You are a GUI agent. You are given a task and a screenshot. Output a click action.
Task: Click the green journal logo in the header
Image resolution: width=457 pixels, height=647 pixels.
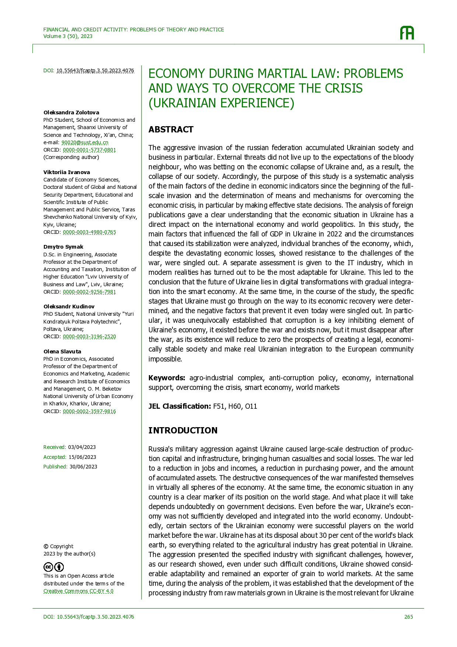[x=407, y=33]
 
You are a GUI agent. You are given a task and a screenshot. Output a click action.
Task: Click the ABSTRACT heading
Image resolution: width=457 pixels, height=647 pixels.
[x=171, y=129]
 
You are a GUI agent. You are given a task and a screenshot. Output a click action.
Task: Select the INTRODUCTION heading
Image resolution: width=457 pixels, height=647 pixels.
[x=183, y=430]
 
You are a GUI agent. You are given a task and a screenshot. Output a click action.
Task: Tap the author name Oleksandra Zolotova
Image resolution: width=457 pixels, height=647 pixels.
[x=71, y=113]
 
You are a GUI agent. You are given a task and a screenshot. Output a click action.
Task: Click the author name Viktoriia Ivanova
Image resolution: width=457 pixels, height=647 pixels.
[x=67, y=172]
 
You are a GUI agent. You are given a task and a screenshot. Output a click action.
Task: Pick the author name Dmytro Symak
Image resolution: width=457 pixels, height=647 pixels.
[x=63, y=247]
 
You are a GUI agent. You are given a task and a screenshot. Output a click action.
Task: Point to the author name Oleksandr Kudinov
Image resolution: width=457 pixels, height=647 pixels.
[x=69, y=307]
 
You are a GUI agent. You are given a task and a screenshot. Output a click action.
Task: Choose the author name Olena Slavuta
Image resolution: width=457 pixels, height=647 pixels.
[x=62, y=352]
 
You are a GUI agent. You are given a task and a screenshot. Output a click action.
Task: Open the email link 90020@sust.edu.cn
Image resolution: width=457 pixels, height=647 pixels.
[x=85, y=142]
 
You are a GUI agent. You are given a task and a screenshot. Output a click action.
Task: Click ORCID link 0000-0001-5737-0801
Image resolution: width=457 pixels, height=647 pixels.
[x=89, y=150]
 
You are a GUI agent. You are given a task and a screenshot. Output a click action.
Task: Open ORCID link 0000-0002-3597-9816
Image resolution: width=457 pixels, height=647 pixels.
[x=89, y=411]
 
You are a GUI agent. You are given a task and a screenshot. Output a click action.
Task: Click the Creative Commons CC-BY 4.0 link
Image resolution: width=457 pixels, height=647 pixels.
[x=79, y=591]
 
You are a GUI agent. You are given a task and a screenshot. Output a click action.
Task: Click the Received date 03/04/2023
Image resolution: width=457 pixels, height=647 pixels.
[x=82, y=447]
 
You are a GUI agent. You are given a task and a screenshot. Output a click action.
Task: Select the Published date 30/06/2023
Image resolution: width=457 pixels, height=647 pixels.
[x=83, y=467]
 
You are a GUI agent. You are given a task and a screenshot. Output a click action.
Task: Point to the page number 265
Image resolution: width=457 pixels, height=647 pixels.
[x=408, y=617]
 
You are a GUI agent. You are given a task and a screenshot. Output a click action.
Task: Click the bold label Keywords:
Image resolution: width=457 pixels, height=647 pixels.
[x=167, y=378]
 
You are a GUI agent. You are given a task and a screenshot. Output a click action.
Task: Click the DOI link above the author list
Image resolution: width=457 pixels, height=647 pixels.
[x=95, y=70]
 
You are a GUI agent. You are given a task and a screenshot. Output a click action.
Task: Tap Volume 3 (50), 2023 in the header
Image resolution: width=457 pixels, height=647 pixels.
[x=68, y=36]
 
